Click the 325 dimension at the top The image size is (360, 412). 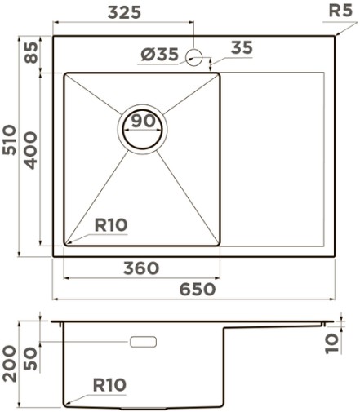pyautogui.click(x=124, y=12)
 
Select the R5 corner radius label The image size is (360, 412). pyautogui.click(x=340, y=11)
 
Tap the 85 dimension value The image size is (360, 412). pyautogui.click(x=31, y=52)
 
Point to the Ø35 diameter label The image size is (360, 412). pyautogui.click(x=160, y=54)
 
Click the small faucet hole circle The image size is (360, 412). pyautogui.click(x=193, y=57)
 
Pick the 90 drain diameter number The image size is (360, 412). pyautogui.click(x=143, y=121)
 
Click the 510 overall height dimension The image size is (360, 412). pyautogui.click(x=9, y=140)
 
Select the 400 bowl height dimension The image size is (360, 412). pyautogui.click(x=30, y=150)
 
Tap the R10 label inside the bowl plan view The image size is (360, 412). pyautogui.click(x=111, y=225)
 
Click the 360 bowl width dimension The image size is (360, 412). pyautogui.click(x=141, y=268)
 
